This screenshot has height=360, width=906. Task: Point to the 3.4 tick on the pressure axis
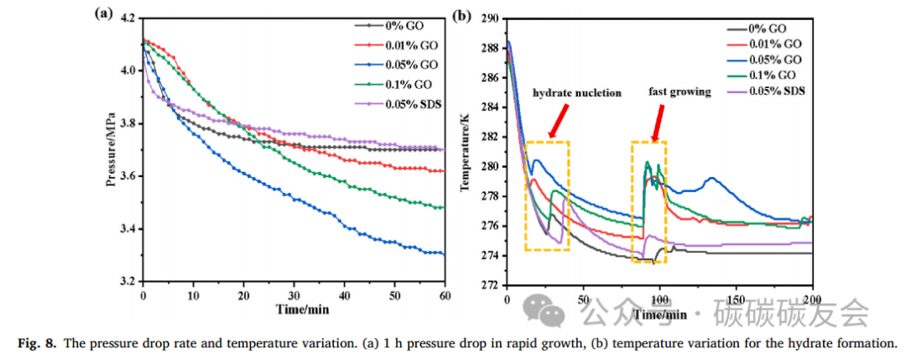pos(129,229)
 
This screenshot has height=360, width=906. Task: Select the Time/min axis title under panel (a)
pos(294,310)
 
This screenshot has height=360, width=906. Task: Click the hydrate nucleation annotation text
pos(576,92)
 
